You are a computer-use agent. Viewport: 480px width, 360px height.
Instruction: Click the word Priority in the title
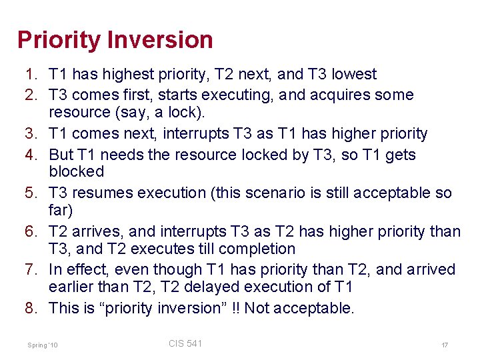tap(58, 40)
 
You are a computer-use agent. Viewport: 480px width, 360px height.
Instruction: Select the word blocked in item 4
tap(77, 171)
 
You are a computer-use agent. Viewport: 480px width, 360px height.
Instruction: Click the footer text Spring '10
tap(43, 345)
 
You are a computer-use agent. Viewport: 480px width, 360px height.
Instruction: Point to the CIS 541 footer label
tap(185, 343)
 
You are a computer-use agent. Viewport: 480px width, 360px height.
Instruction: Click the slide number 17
tap(444, 345)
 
